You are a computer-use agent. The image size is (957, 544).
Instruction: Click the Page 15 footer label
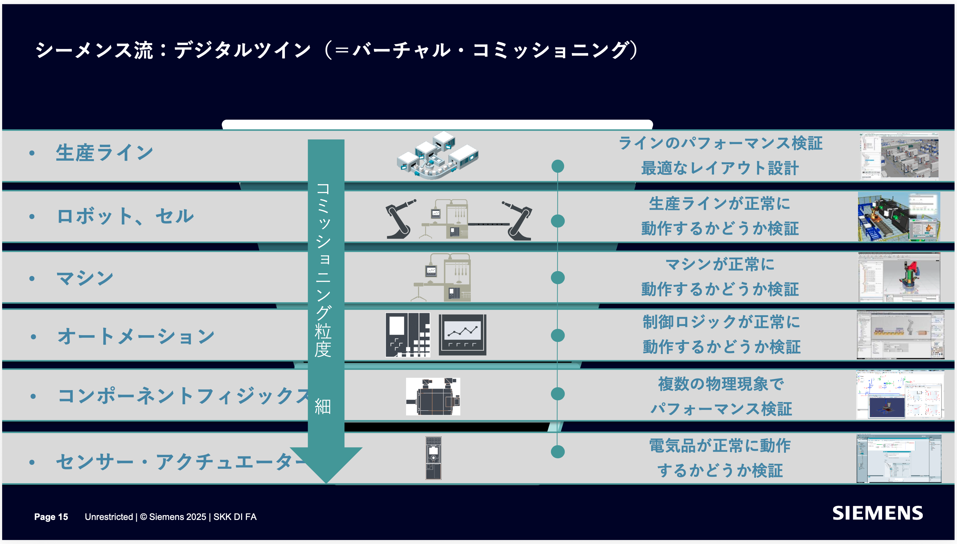point(51,517)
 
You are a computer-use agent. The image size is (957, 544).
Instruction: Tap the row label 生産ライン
point(105,153)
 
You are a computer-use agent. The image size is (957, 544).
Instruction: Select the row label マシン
point(85,278)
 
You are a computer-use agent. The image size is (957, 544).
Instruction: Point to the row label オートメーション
point(136,336)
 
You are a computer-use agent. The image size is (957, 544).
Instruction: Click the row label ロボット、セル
point(125,216)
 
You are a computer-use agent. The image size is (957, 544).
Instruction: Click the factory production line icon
point(437,155)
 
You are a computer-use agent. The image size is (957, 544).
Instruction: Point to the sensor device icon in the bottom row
point(433,458)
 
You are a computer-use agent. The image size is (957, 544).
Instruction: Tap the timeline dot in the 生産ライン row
point(558,166)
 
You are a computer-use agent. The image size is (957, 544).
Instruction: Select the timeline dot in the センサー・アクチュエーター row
point(558,452)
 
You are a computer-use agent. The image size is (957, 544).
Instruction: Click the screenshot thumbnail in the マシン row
point(899,277)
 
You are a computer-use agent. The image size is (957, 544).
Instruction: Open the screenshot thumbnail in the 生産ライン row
point(899,156)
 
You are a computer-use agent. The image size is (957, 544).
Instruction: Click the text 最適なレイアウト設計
point(720,168)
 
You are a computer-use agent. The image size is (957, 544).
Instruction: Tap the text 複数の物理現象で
point(721,384)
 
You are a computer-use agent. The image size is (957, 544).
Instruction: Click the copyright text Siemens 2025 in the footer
point(173,517)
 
